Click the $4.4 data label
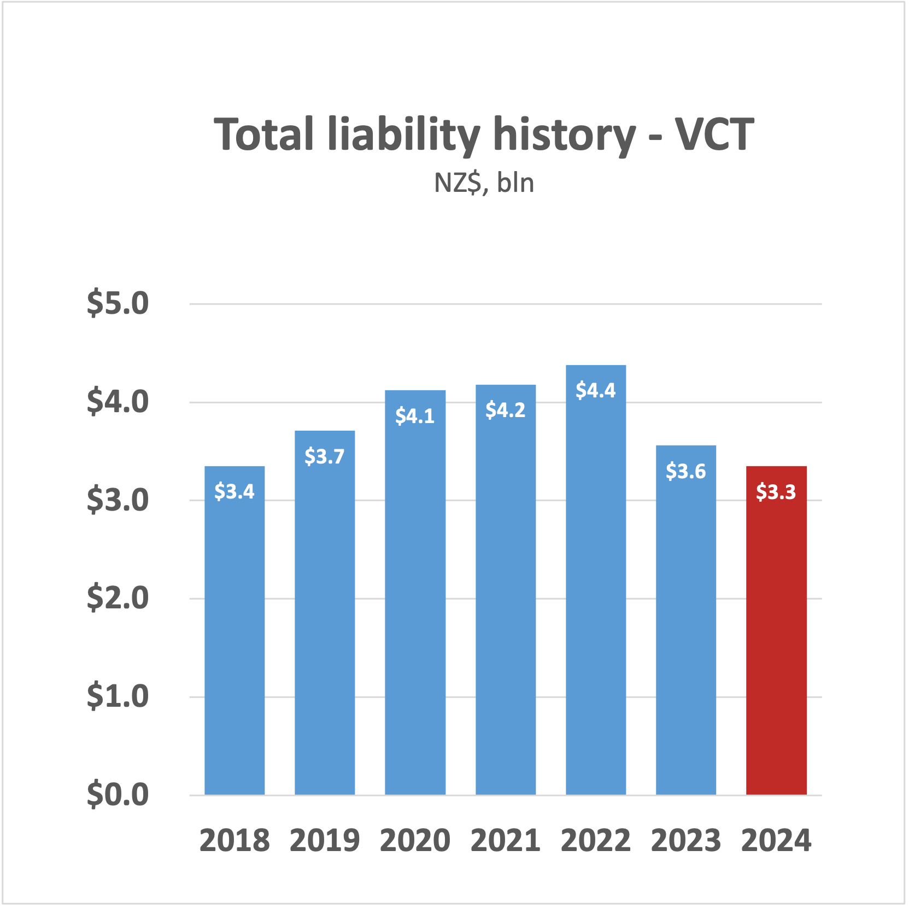point(596,391)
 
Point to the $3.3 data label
point(776,492)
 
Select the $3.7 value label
point(325,456)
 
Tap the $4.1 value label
point(415,417)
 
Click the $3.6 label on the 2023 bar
point(686,471)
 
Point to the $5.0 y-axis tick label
point(118,303)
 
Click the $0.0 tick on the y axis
point(118,795)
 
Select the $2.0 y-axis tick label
point(118,598)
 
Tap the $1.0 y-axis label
point(118,696)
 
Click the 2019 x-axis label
point(325,841)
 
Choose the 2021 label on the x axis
point(506,841)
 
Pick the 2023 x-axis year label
point(686,841)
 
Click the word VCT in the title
point(714,134)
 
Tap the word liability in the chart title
point(404,136)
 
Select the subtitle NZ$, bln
point(484,183)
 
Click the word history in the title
point(565,136)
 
